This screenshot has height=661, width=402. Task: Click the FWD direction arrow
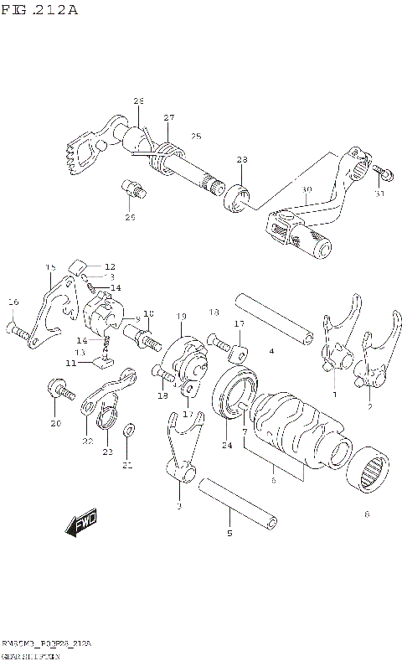coord(80,524)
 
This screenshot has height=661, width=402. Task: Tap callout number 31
coord(379,194)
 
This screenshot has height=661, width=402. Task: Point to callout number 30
coord(307,191)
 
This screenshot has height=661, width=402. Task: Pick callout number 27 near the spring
coord(169,117)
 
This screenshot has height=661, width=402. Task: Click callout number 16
coord(13,302)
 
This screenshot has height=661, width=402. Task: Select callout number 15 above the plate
coord(49,267)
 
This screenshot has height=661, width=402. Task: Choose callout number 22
coord(87,441)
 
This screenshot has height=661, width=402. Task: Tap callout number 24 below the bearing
coord(226,445)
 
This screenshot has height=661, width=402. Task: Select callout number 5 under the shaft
coord(229,533)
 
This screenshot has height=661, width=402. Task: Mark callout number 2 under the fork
coord(370,407)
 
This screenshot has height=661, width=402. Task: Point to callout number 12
coord(110,266)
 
